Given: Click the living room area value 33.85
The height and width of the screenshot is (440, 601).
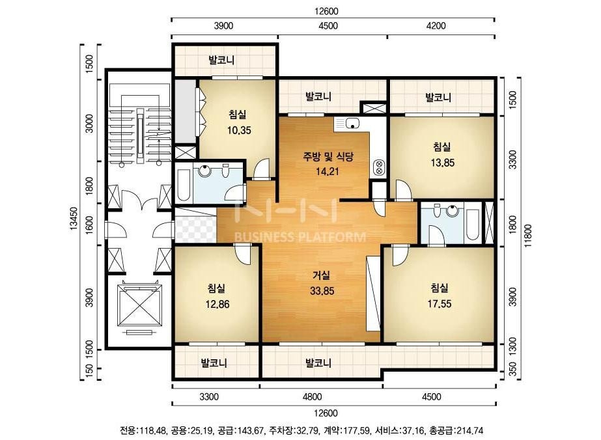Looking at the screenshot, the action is pyautogui.click(x=322, y=291).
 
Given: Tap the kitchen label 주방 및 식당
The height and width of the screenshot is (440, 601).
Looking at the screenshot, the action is pyautogui.click(x=328, y=156).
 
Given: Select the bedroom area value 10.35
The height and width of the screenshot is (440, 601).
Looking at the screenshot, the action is pyautogui.click(x=239, y=130).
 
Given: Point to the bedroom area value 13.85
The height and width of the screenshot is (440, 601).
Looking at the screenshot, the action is pyautogui.click(x=442, y=163).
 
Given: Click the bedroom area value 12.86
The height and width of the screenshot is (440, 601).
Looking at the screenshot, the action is pyautogui.click(x=217, y=305).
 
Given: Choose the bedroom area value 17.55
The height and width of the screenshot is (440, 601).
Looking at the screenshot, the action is pyautogui.click(x=440, y=304).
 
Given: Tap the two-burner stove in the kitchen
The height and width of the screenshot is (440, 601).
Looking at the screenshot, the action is pyautogui.click(x=379, y=167).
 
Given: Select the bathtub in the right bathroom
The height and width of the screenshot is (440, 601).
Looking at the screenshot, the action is pyautogui.click(x=473, y=224).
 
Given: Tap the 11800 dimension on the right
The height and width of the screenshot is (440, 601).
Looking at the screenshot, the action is pyautogui.click(x=529, y=236).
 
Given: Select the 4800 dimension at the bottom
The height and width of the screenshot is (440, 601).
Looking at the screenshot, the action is pyautogui.click(x=312, y=396).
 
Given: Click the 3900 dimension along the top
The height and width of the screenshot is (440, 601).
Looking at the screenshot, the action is pyautogui.click(x=223, y=25).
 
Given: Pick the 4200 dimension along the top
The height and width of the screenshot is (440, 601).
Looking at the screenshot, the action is pyautogui.click(x=436, y=25).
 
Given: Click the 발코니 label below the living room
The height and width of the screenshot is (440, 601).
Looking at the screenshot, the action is pyautogui.click(x=318, y=362).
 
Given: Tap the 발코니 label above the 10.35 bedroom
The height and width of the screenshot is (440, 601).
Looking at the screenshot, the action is pyautogui.click(x=221, y=60).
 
